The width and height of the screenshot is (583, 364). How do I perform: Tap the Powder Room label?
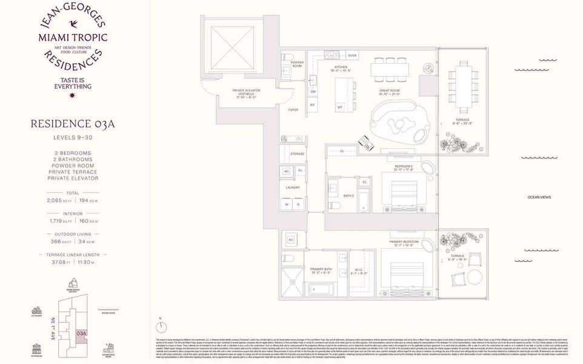coord(297,64)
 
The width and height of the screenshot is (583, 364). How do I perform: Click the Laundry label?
coord(293,187)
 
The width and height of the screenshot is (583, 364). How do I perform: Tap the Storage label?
coord(297,154)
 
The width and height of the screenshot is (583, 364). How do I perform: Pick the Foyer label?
coord(293,110)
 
